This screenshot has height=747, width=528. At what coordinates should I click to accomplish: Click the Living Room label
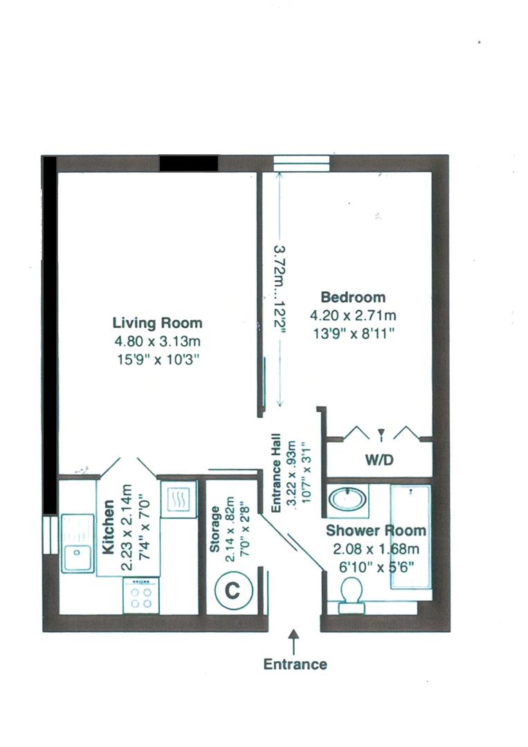click(158, 323)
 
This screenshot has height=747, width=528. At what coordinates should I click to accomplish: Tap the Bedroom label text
click(352, 297)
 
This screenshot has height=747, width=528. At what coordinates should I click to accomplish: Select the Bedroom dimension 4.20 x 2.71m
click(352, 316)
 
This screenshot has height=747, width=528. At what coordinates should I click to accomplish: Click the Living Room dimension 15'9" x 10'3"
click(158, 359)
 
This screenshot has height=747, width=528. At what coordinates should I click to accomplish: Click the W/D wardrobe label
click(380, 460)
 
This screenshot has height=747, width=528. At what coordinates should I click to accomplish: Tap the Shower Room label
click(376, 531)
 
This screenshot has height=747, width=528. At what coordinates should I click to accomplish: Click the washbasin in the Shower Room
click(347, 500)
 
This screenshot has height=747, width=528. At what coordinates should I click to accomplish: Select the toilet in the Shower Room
click(351, 593)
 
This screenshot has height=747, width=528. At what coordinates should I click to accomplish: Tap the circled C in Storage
click(234, 591)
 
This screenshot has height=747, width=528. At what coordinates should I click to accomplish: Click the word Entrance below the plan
click(295, 665)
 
